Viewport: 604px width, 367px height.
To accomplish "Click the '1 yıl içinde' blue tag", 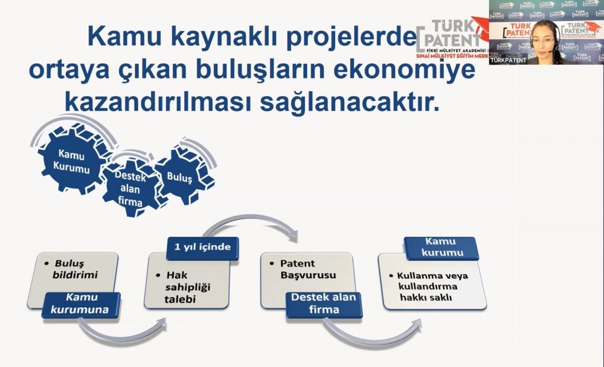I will click(202, 247).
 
